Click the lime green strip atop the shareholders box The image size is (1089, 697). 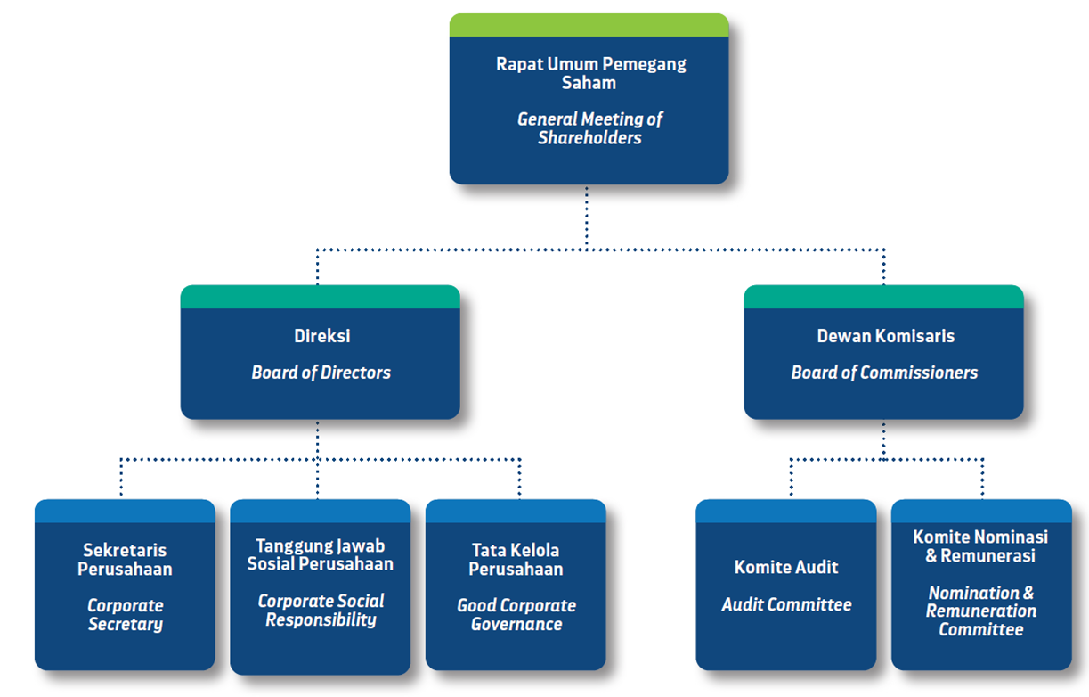(x=589, y=25)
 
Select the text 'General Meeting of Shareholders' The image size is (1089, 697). (x=589, y=128)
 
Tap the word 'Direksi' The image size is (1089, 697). (x=321, y=336)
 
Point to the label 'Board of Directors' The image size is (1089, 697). (x=321, y=373)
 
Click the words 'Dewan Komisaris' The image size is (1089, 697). (x=885, y=336)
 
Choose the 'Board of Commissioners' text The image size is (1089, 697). (x=884, y=373)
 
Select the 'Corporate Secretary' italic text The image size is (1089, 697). (x=126, y=615)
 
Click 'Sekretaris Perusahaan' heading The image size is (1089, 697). (x=125, y=559)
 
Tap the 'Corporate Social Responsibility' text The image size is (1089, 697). (x=321, y=611)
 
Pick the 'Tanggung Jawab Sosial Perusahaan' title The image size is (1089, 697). (x=321, y=555)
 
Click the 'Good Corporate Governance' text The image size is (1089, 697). (x=516, y=615)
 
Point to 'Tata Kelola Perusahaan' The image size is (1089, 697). (x=516, y=559)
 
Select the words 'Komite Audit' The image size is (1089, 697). (x=786, y=567)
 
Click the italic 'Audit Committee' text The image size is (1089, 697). (x=786, y=604)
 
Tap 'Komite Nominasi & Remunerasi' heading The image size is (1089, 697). (x=980, y=546)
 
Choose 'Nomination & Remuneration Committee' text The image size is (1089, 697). (x=981, y=611)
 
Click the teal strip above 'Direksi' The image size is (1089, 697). (x=320, y=297)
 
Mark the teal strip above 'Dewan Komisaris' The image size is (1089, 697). (x=884, y=297)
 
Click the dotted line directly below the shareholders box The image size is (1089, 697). (x=586, y=218)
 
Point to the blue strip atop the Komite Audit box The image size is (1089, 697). (x=786, y=511)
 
